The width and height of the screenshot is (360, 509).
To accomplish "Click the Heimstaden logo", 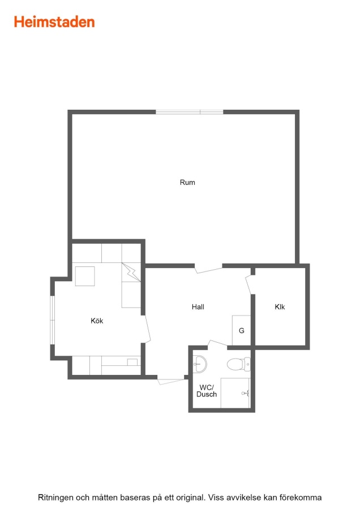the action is click(x=54, y=21).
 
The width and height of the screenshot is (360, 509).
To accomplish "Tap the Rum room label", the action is click(x=187, y=183).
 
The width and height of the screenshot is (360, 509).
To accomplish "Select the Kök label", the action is click(x=97, y=321).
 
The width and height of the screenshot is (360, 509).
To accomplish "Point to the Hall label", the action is click(x=198, y=307).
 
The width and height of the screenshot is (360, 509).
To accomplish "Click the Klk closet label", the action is click(x=280, y=307).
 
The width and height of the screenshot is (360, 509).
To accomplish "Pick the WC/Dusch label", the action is click(x=207, y=391).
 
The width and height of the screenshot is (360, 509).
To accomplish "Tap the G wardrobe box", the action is click(x=241, y=330).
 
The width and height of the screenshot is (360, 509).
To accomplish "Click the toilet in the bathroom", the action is click(x=239, y=364).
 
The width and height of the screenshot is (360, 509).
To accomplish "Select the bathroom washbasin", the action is click(x=200, y=364).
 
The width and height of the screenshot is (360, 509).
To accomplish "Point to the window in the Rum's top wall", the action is click(x=190, y=112).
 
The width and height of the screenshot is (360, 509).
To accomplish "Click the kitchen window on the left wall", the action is click(x=52, y=320).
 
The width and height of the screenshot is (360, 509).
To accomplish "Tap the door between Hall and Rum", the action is click(x=209, y=269).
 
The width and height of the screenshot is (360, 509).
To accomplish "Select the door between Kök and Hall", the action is click(x=147, y=328).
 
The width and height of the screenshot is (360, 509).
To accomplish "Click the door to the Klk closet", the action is click(x=249, y=284).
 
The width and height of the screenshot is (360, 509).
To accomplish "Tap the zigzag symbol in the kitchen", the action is click(x=131, y=272).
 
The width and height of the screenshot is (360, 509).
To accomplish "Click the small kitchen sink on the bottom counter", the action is click(x=132, y=362).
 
